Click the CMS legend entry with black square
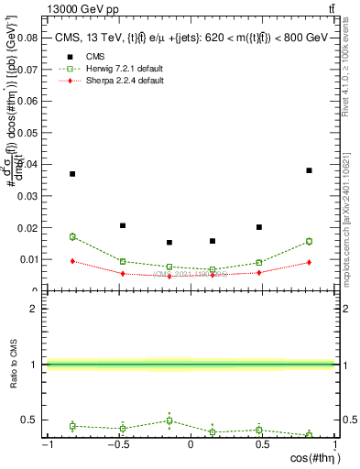tap(92, 58)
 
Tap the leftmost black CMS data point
tap(72, 173)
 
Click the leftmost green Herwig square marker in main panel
tap(72, 236)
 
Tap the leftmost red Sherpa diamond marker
tap(72, 261)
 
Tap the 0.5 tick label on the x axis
tap(263, 445)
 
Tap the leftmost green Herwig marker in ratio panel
tap(72, 426)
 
